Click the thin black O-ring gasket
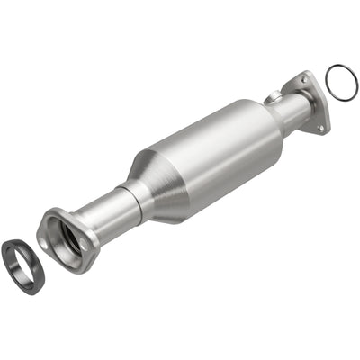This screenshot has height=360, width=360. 327,81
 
